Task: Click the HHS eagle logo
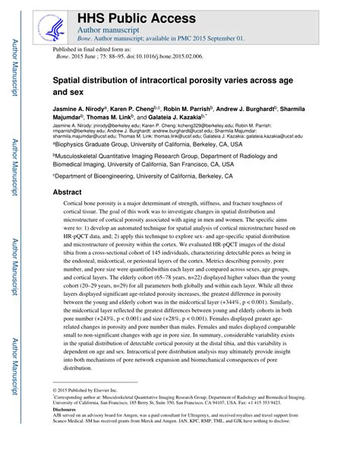click(54, 30)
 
